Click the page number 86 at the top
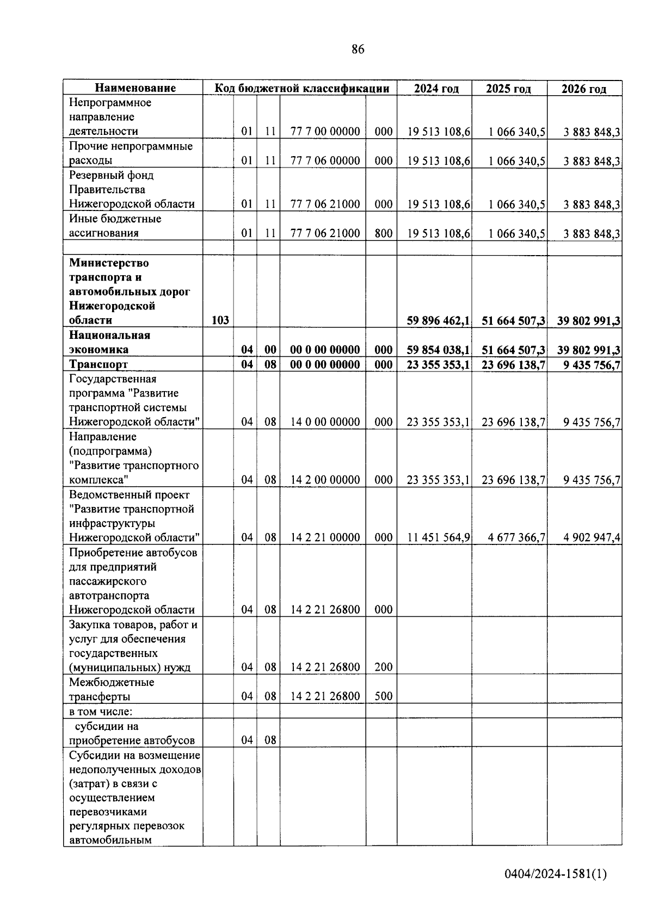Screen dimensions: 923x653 click(358, 49)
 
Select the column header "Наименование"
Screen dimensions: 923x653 click(135, 88)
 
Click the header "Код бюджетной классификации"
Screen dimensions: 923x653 click(301, 88)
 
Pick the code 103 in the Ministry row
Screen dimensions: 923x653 click(220, 320)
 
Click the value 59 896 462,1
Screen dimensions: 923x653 click(438, 321)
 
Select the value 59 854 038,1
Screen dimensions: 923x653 click(438, 350)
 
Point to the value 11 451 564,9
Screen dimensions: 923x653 click(439, 538)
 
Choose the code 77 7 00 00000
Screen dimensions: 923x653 click(325, 132)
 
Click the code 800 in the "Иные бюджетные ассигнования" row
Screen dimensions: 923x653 click(384, 233)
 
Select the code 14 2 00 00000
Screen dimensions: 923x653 click(325, 480)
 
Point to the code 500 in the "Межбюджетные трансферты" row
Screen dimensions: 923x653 click(384, 696)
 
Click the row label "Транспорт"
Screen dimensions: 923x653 click(98, 364)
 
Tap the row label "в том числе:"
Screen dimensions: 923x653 click(101, 711)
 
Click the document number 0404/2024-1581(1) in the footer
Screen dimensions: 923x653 click(555, 874)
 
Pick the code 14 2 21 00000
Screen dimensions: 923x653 click(325, 537)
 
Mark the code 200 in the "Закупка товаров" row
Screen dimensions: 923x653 click(384, 667)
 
